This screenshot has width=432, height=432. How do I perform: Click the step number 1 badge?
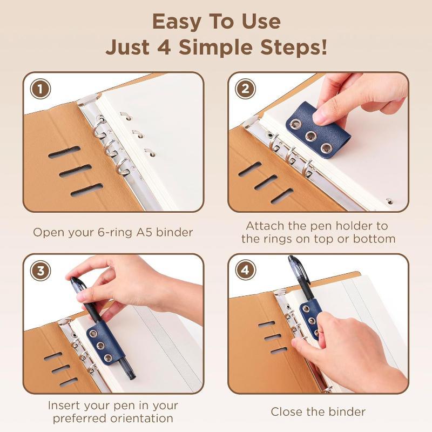(x=40, y=89)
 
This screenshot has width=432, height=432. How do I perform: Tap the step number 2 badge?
(x=245, y=89)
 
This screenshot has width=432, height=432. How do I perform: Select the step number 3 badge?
(x=40, y=271)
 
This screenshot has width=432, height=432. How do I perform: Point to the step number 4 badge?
(x=245, y=271)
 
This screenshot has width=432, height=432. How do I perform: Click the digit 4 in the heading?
(x=165, y=47)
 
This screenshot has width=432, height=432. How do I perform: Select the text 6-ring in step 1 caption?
(x=115, y=233)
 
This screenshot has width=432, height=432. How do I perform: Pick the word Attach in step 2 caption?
(x=265, y=226)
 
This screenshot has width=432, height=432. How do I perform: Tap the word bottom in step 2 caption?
(x=374, y=239)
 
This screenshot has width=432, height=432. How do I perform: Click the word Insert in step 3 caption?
(x=64, y=406)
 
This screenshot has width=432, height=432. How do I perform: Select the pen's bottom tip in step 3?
(x=132, y=378)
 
